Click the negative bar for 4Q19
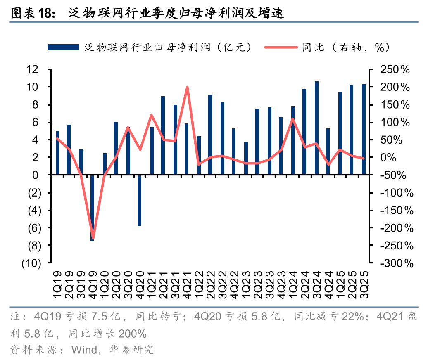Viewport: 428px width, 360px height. [x=93, y=208]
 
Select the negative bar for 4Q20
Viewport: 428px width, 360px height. [x=140, y=200]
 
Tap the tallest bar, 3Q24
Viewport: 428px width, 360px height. [x=317, y=128]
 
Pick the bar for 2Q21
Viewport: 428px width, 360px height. [x=163, y=135]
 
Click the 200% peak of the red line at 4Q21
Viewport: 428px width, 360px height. [x=187, y=87]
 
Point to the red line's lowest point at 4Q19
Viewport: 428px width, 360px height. [x=93, y=238]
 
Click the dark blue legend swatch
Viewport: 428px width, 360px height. [x=63, y=47]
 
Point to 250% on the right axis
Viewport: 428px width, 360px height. [x=395, y=69]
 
